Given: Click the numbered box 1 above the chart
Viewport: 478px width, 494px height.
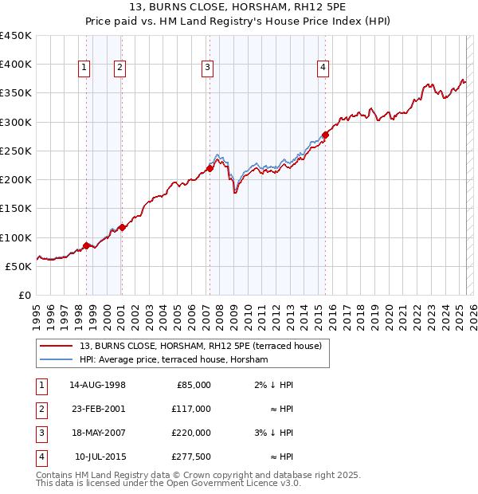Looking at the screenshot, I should click(x=84, y=69).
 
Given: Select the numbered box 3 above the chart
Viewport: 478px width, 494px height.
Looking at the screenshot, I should click(x=206, y=69).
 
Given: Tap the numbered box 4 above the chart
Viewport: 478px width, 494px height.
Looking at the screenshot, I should click(x=323, y=69).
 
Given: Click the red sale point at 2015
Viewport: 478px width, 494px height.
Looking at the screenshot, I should click(x=325, y=135).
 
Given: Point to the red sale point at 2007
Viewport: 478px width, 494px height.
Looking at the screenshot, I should click(x=210, y=168).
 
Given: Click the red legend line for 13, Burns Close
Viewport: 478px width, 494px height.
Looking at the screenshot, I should click(x=57, y=346).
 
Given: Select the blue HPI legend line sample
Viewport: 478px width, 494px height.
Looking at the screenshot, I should click(x=57, y=359).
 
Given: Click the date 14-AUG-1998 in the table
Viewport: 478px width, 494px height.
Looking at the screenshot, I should click(x=97, y=385).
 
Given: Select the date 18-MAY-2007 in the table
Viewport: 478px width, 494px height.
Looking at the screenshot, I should click(x=97, y=433).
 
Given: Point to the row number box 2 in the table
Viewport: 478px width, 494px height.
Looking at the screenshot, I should click(x=40, y=409).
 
